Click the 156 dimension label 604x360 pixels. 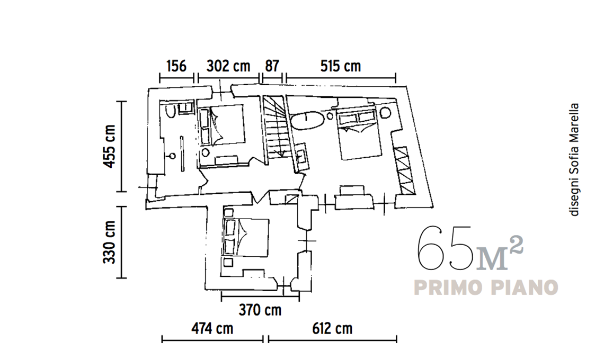point(176,66)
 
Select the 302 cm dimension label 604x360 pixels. point(228,66)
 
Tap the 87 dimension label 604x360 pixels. point(272,66)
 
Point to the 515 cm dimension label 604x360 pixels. point(341,66)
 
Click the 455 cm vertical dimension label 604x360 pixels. point(109,146)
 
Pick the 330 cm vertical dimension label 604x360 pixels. point(109,242)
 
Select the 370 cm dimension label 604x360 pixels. point(260,310)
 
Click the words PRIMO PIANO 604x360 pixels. point(486,287)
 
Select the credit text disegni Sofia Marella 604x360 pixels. point(574,159)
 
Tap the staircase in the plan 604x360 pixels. point(275,127)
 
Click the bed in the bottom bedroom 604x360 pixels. point(246,237)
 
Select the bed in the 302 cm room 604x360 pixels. point(223,125)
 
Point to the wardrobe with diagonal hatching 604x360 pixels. point(405,170)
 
